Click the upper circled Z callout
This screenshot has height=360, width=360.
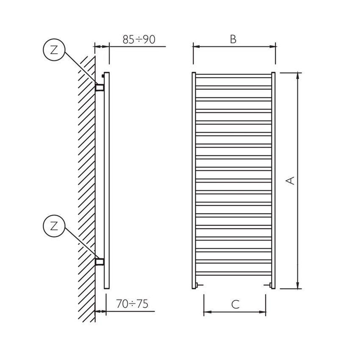(53, 50)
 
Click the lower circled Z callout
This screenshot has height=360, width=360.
(53, 225)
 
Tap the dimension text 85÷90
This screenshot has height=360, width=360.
(139, 39)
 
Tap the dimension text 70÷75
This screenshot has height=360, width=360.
(132, 304)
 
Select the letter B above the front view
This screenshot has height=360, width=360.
(233, 39)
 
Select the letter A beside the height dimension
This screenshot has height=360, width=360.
(291, 181)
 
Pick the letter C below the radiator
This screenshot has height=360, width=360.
(235, 304)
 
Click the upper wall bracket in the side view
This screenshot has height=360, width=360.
(100, 88)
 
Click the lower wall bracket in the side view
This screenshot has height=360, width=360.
(100, 261)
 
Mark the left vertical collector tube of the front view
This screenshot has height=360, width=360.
(194, 180)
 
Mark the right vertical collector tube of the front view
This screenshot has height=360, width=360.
(274, 180)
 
